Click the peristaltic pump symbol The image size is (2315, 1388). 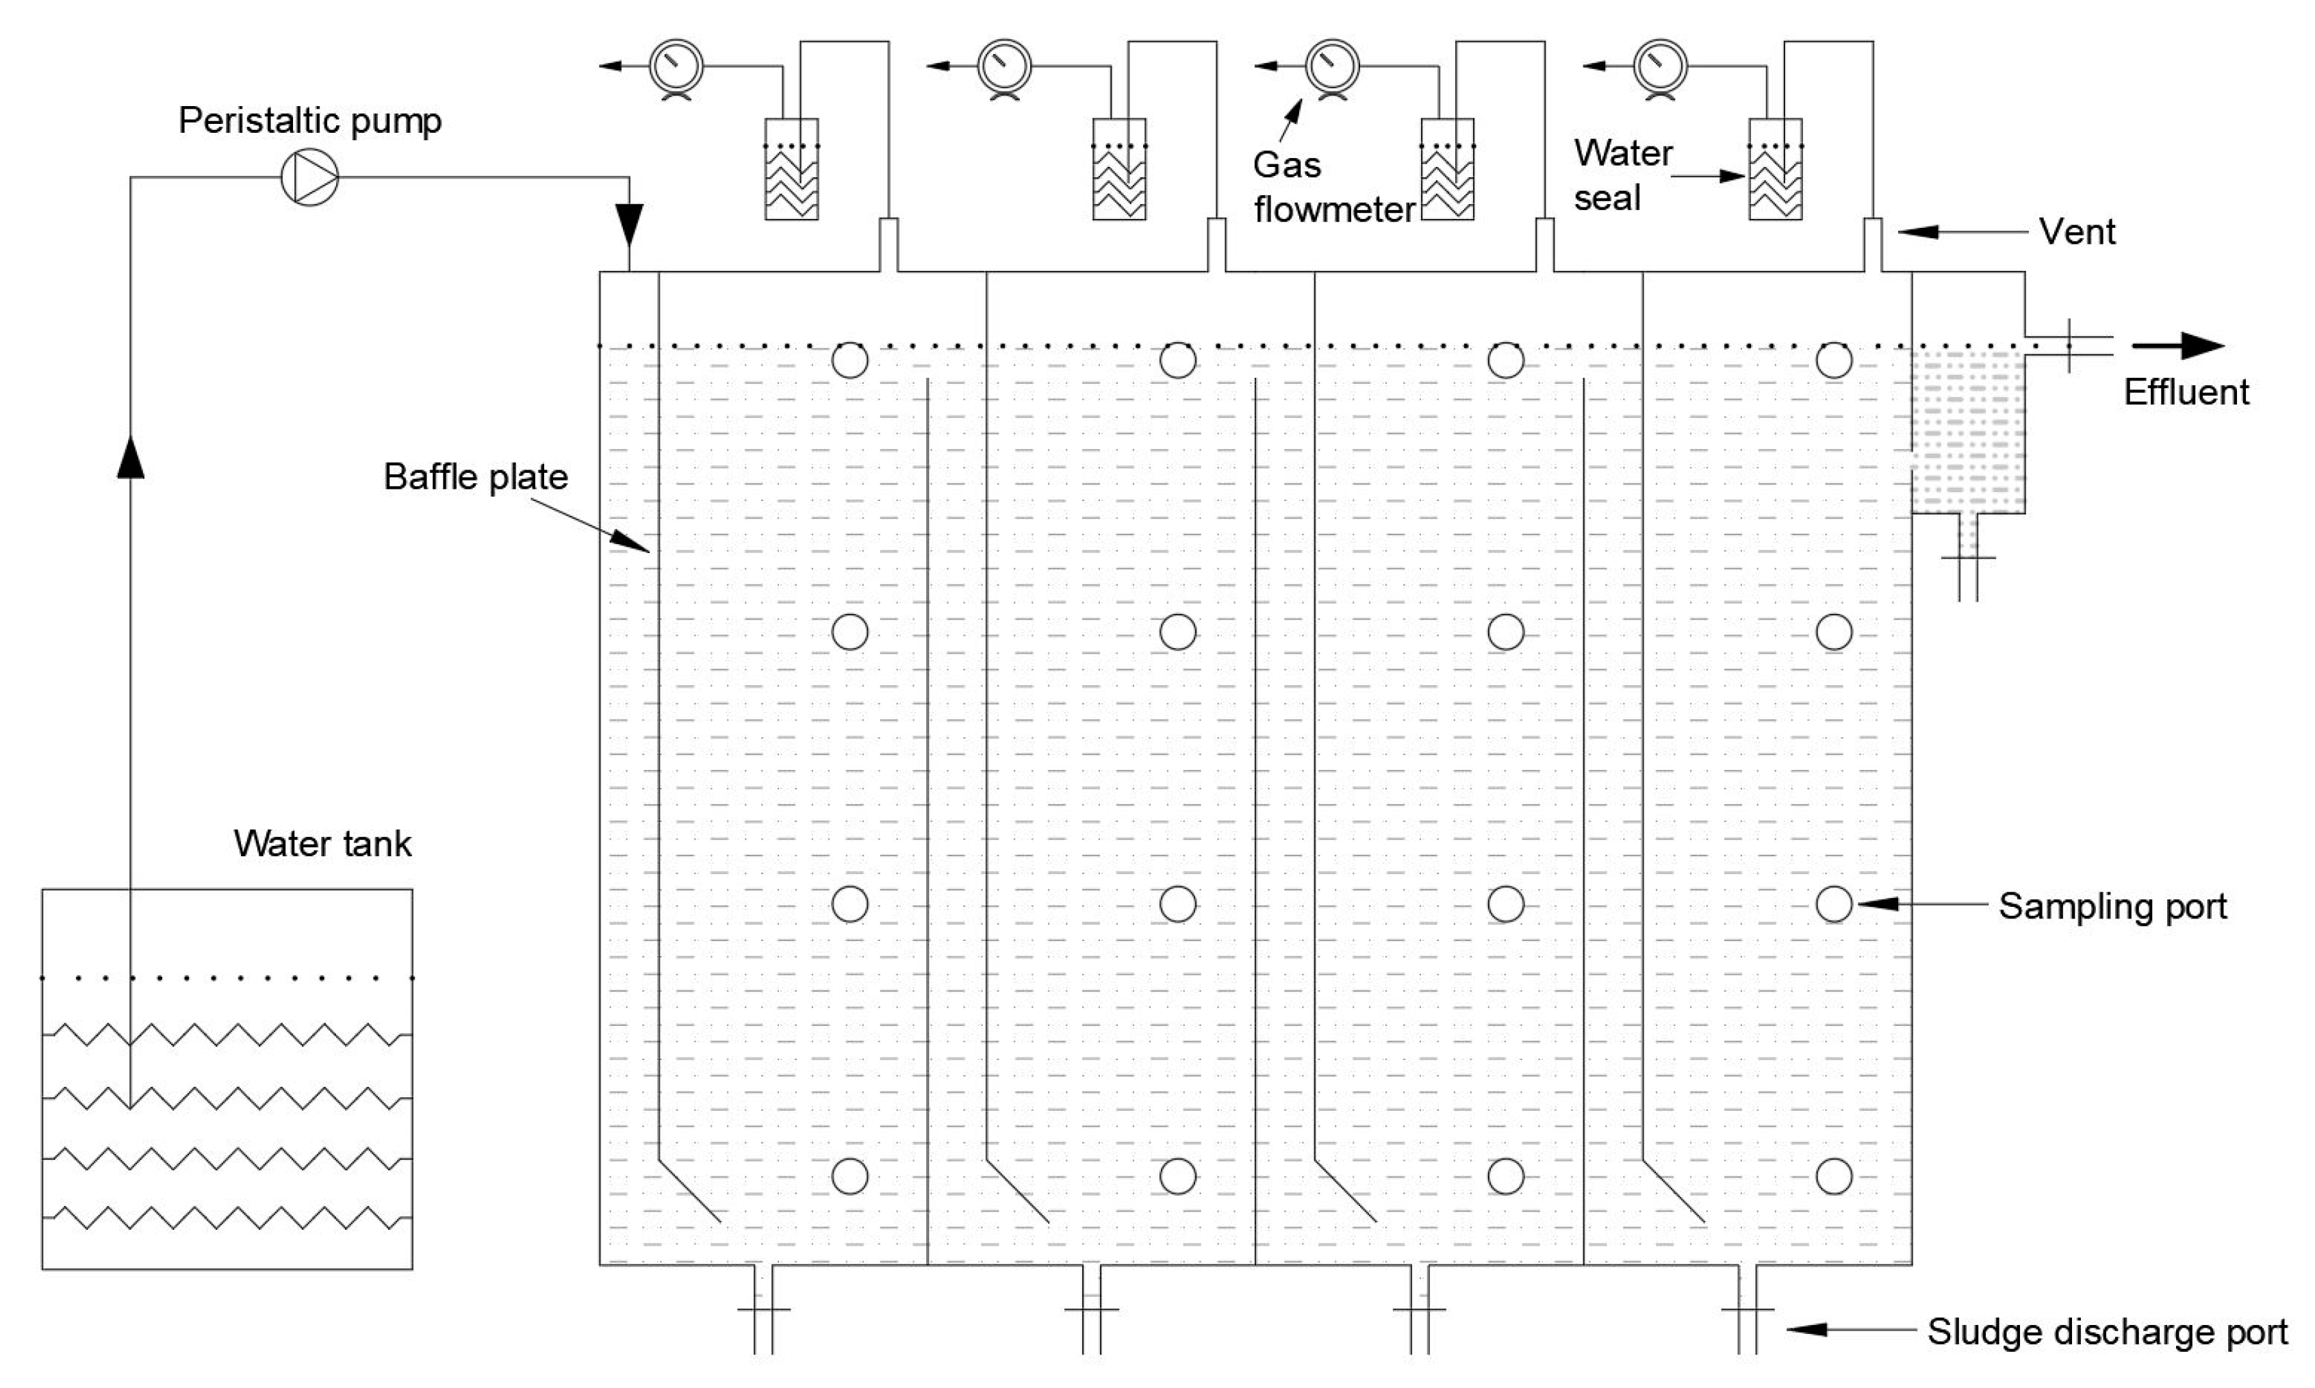[309, 177]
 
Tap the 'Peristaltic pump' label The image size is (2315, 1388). [309, 120]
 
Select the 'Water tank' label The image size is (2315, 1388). [322, 844]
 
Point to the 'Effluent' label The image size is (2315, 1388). [2186, 392]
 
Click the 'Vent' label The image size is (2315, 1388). [2077, 232]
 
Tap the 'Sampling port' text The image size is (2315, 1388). [2112, 905]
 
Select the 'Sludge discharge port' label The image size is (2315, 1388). [2106, 1332]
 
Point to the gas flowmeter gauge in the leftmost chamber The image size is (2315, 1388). [676, 66]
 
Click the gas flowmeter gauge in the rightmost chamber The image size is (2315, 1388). [1660, 66]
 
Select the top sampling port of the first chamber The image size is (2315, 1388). [849, 360]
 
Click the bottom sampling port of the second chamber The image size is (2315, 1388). [1177, 1176]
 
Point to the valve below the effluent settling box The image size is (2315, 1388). [1968, 559]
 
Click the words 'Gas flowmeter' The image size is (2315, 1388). [1332, 187]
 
